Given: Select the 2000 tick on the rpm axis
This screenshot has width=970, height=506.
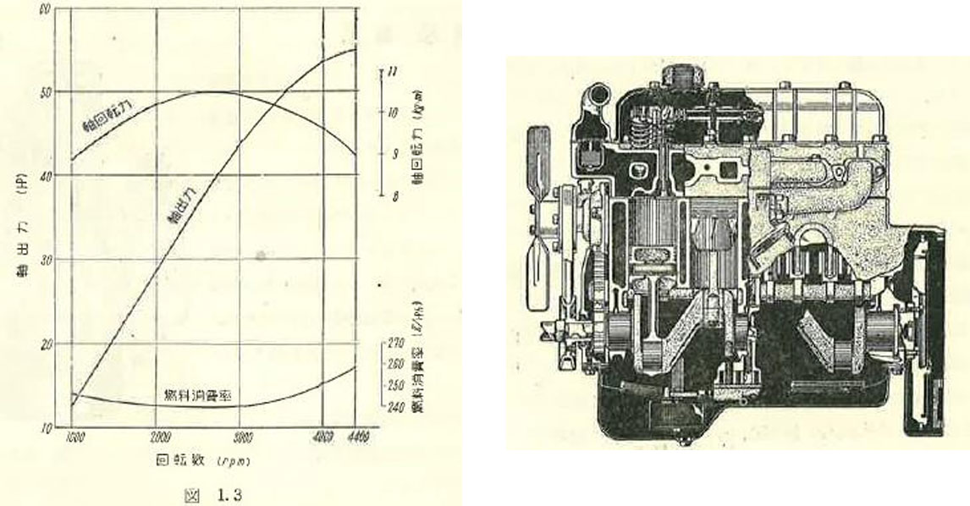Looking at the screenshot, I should tap(158, 437).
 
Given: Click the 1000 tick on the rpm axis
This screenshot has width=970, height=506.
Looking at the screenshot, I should tap(74, 437).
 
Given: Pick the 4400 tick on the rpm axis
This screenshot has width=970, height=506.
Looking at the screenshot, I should tap(355, 437).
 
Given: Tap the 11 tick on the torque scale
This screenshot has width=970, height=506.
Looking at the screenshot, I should tap(390, 73).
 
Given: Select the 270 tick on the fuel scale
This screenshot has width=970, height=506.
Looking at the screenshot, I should tap(394, 344).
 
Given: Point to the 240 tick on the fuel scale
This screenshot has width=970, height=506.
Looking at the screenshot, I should tap(394, 405).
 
